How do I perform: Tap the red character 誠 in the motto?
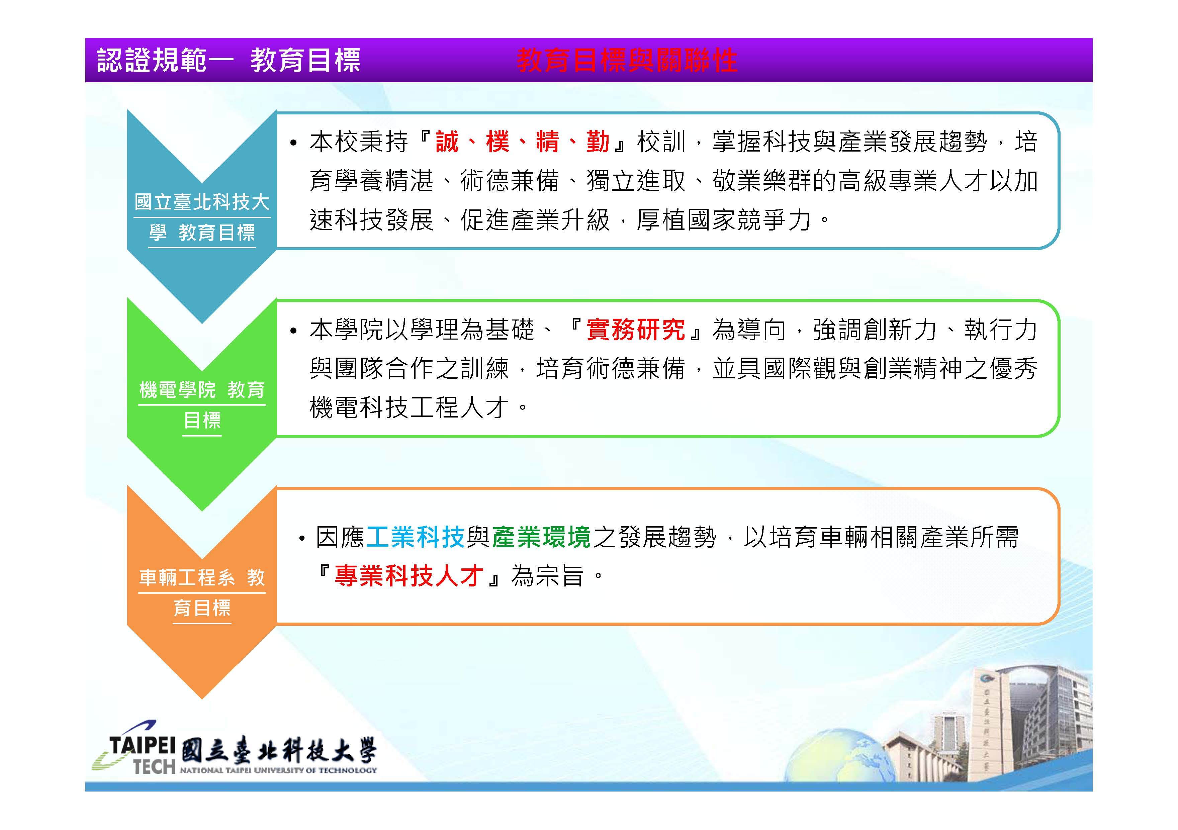point(446,142)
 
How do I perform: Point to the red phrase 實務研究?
point(636,329)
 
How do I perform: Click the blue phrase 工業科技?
point(415,537)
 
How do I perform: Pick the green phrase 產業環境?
point(541,537)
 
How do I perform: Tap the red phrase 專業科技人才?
point(409,575)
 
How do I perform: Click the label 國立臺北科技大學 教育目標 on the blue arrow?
point(202,217)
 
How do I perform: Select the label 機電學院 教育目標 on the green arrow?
point(202,405)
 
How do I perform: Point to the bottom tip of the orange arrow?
point(202,699)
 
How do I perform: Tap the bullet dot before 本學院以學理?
point(293,331)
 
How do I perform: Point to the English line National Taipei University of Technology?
point(279,770)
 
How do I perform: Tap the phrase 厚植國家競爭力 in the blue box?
point(723,220)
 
